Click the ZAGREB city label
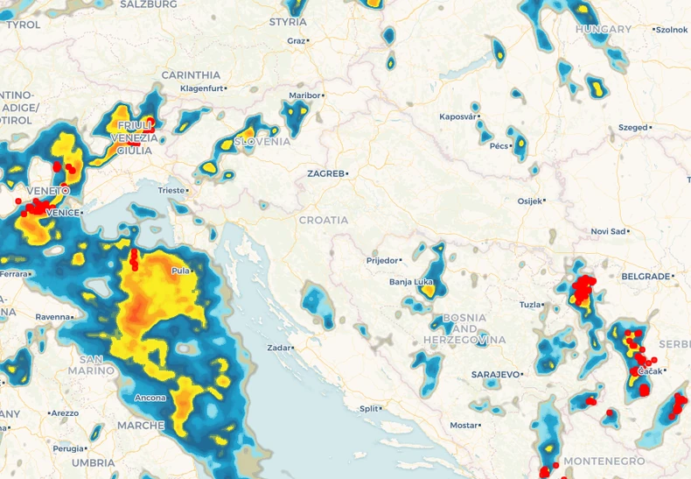[x=325, y=173]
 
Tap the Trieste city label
[x=171, y=190]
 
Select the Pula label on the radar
[x=181, y=271]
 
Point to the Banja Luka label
[x=411, y=282]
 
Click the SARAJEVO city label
[x=496, y=374]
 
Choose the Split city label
[x=370, y=408]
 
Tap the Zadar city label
[x=278, y=348]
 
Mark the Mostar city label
[x=463, y=426]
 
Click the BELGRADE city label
[x=645, y=276]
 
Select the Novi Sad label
[x=608, y=231]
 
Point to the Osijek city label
[x=529, y=201]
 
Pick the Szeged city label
[x=632, y=127]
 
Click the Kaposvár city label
[x=457, y=116]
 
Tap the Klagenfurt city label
[x=200, y=88]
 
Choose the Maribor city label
[x=304, y=95]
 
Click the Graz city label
[x=296, y=41]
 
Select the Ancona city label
[x=150, y=398]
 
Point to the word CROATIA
[x=324, y=220]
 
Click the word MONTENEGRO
[x=604, y=461]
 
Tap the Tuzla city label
[x=530, y=305]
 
